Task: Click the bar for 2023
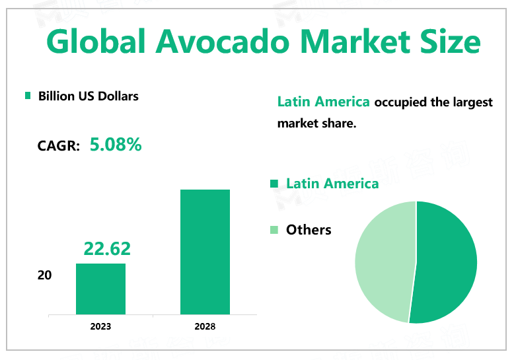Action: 100,289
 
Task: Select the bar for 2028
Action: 205,252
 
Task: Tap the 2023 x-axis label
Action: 100,326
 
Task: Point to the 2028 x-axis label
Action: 205,326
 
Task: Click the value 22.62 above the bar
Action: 107,249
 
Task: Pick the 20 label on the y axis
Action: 44,275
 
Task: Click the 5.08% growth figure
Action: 116,145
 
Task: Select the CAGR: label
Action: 59,146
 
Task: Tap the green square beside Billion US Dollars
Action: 28,96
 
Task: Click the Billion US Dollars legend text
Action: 89,96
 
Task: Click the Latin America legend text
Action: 332,183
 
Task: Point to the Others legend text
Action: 309,230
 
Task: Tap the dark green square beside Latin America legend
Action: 275,183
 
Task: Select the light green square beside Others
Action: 275,230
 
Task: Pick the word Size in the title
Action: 448,42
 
